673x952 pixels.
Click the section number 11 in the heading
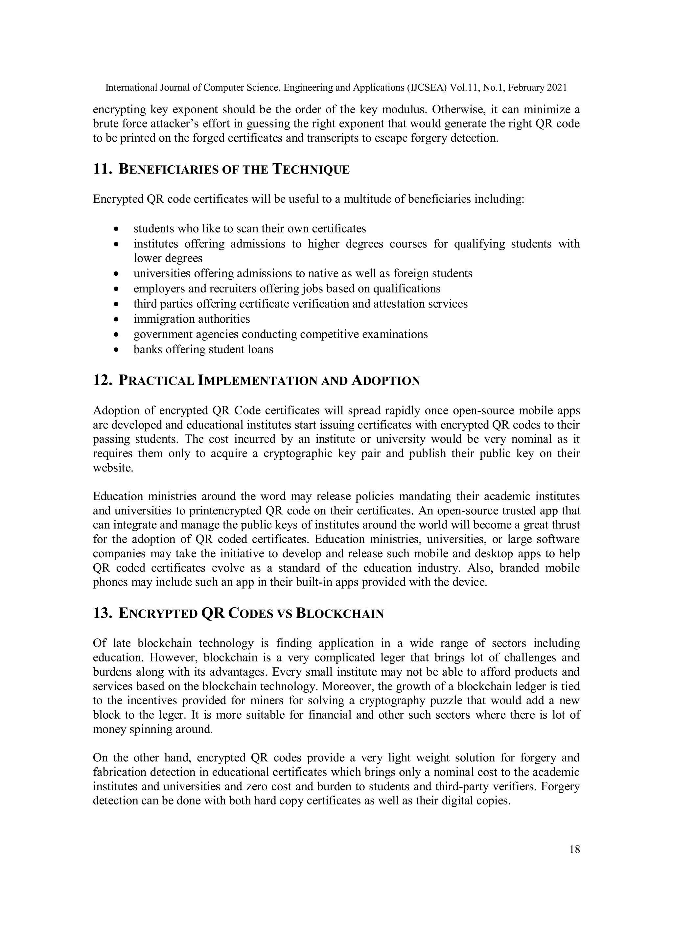click(102, 169)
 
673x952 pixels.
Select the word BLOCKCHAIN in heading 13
click(339, 613)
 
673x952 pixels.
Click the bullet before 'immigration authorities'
click(117, 320)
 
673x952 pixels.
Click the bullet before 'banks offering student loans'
click(117, 350)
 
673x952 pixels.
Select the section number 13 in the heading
click(102, 613)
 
